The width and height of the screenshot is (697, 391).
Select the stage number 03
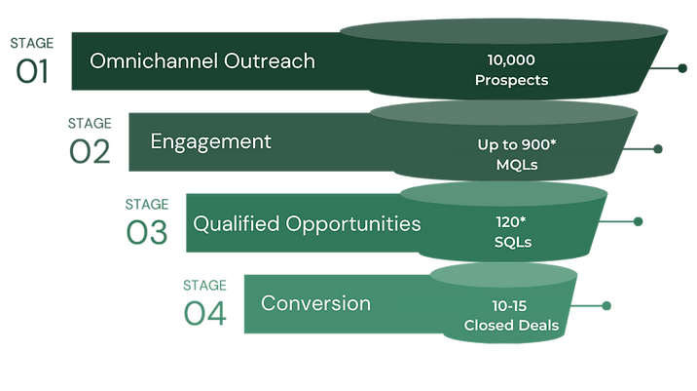click(x=147, y=232)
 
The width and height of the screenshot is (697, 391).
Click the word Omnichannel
click(x=148, y=60)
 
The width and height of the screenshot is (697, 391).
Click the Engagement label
click(x=210, y=141)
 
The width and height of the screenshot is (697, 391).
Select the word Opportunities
click(x=353, y=224)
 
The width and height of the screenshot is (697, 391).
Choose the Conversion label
click(x=315, y=303)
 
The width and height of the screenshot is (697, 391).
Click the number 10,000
click(x=511, y=60)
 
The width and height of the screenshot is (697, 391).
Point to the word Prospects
click(x=511, y=80)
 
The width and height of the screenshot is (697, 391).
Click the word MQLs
click(x=516, y=164)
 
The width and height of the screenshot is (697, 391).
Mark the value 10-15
click(x=511, y=305)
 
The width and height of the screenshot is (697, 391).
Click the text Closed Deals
click(x=511, y=325)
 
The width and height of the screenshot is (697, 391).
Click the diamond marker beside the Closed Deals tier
click(x=606, y=306)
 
